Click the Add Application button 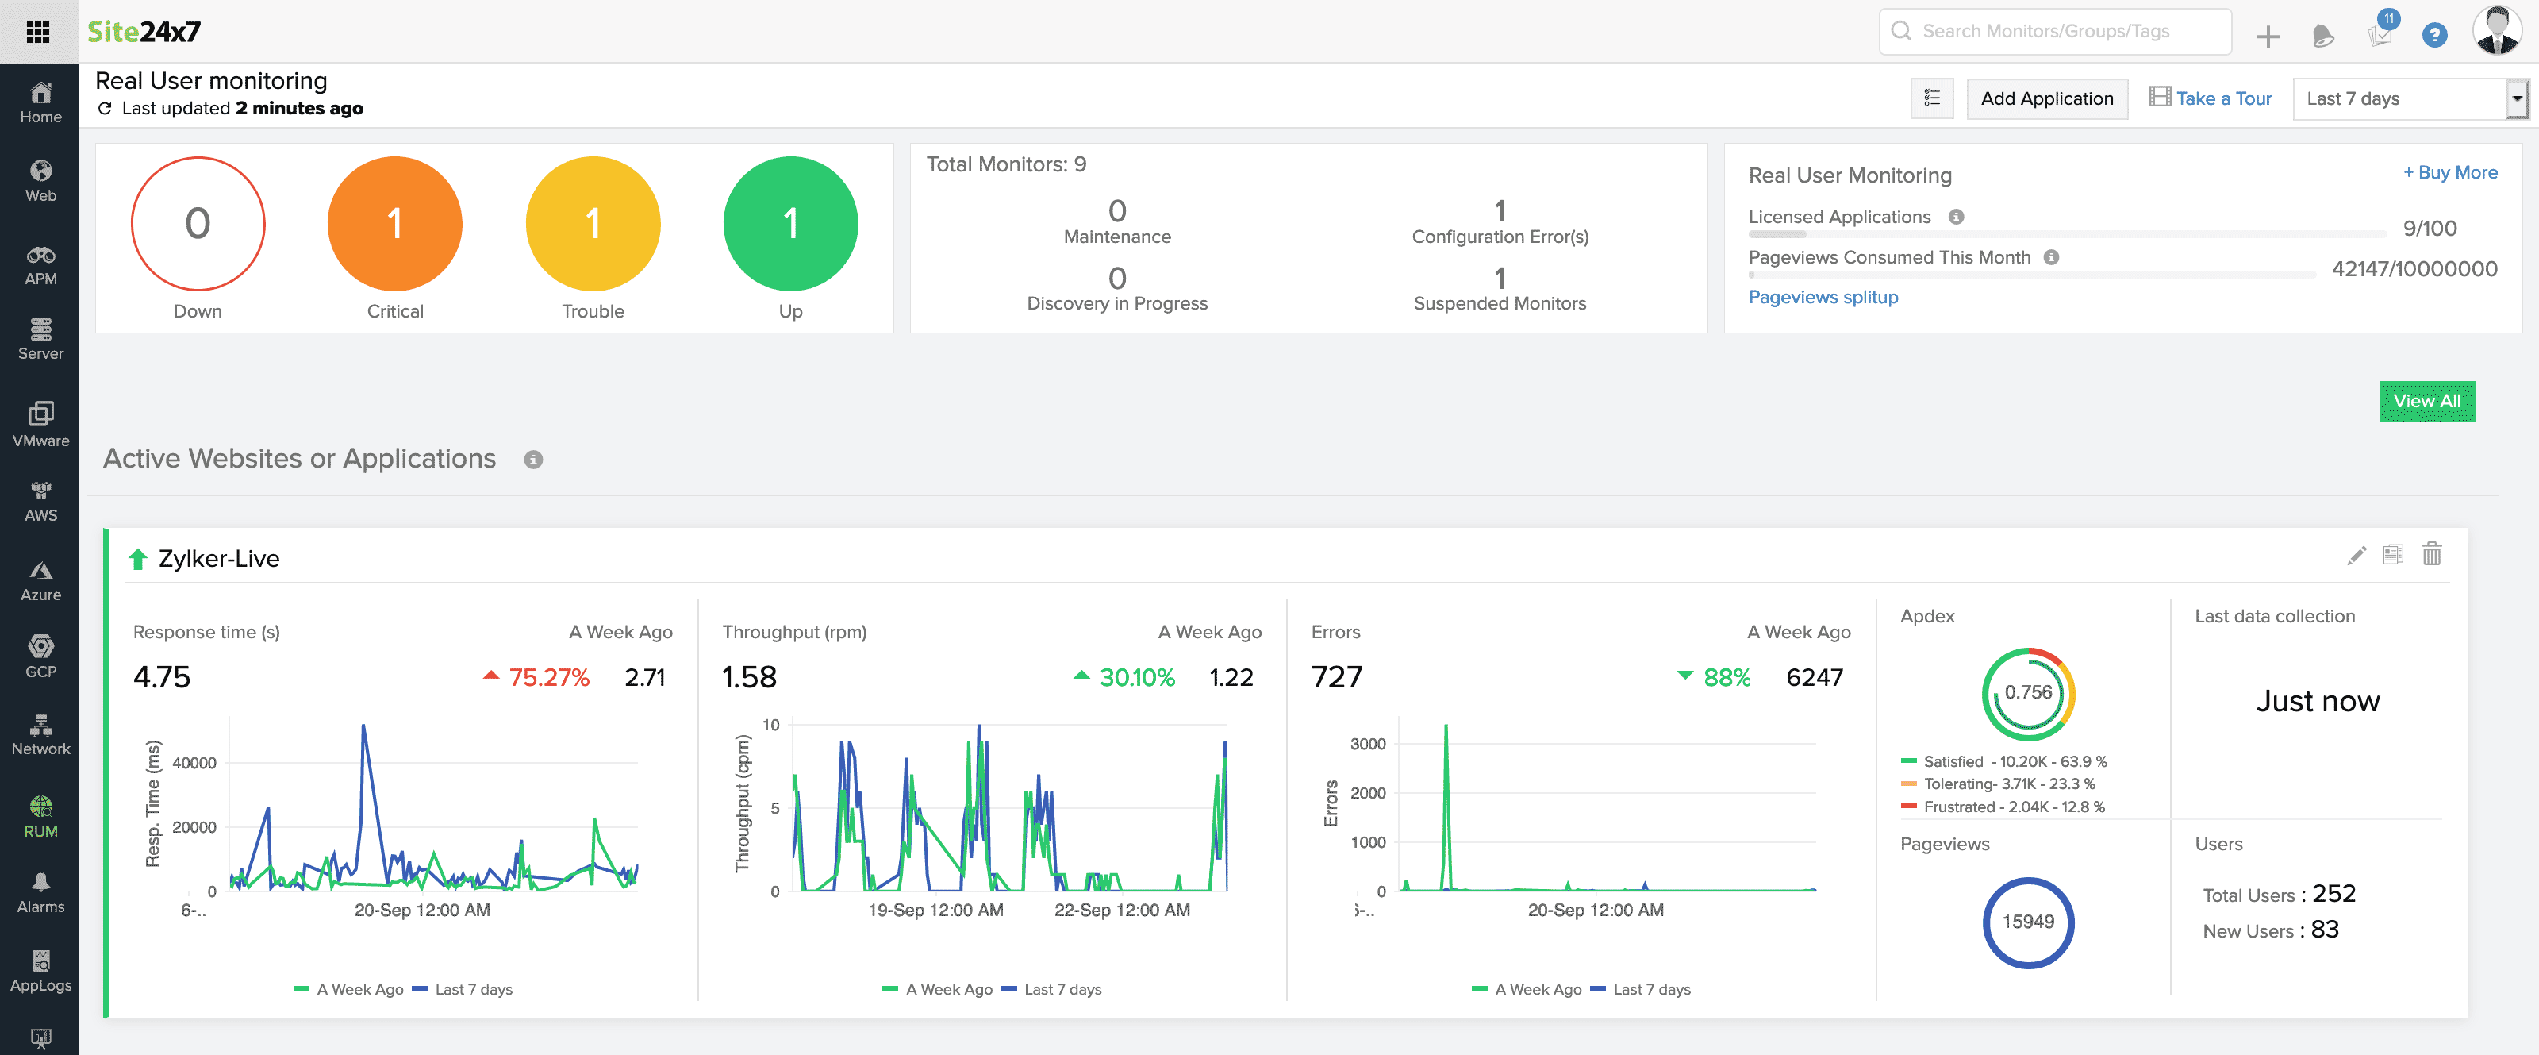(2046, 98)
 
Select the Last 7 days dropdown (2408, 98)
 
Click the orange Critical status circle (394, 224)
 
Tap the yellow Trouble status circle (593, 224)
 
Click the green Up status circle (789, 224)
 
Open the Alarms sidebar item (40, 893)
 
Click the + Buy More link (2449, 172)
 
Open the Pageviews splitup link (1823, 297)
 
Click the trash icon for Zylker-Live (2432, 554)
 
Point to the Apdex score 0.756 (2027, 693)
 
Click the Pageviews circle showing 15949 (2027, 922)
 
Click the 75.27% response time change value (548, 677)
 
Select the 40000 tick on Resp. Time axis (194, 763)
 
